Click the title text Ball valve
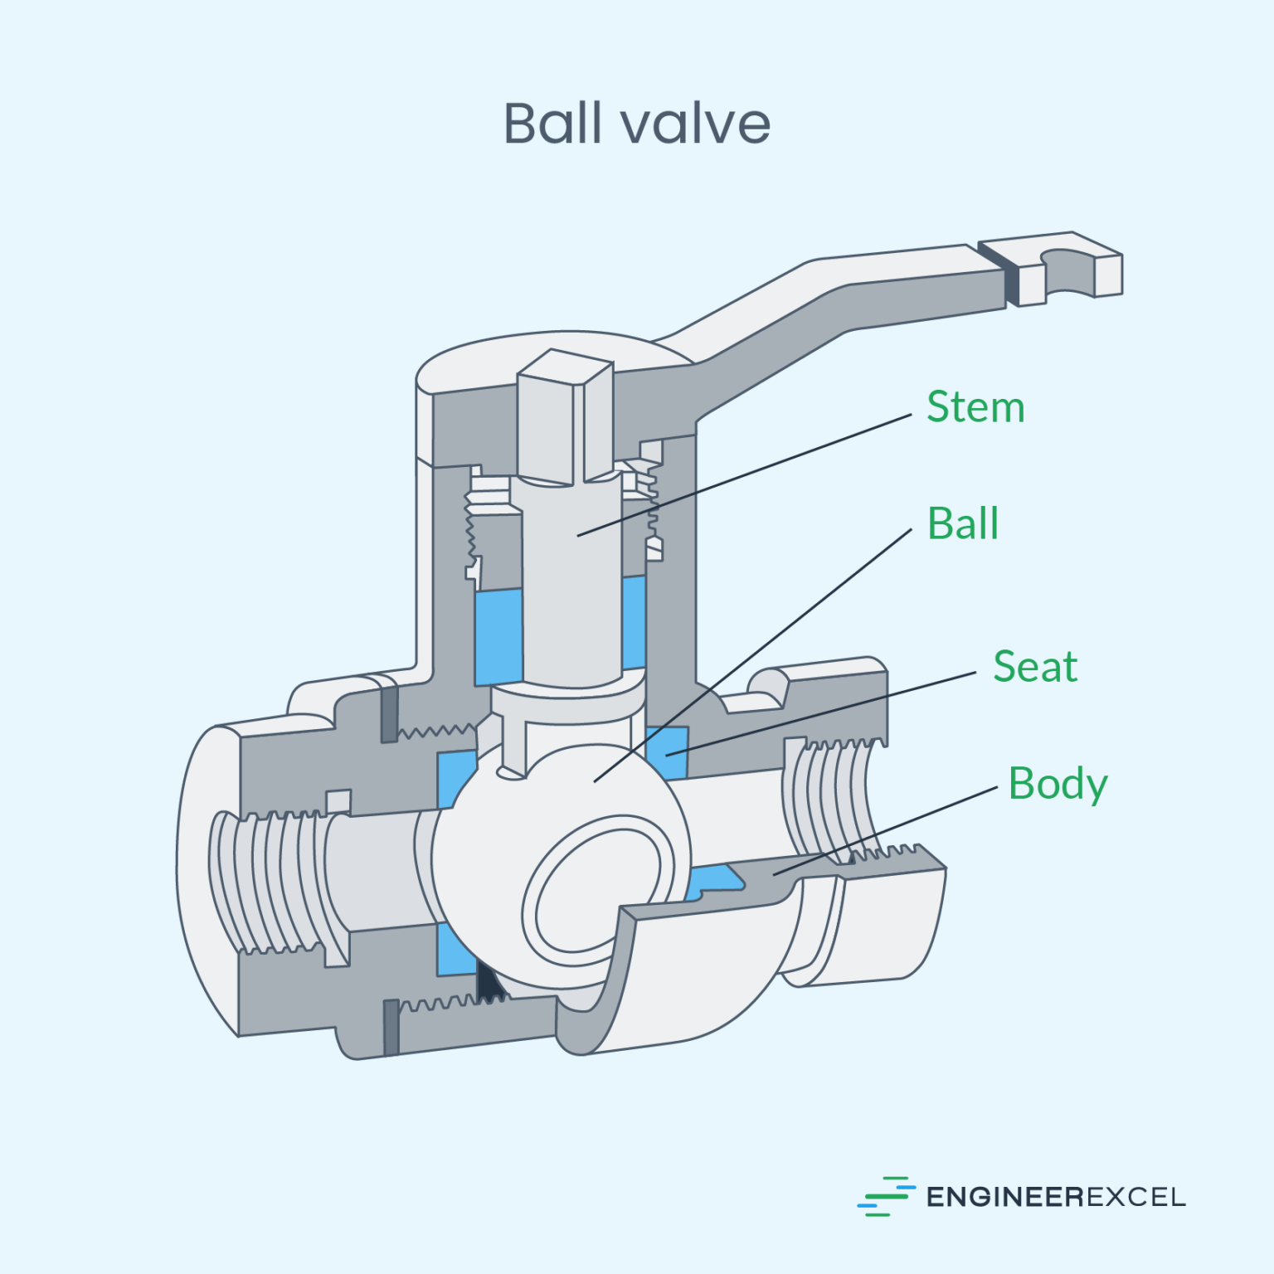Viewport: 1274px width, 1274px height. [x=636, y=124]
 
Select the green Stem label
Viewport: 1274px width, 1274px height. [x=975, y=407]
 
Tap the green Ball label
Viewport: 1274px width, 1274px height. [x=962, y=524]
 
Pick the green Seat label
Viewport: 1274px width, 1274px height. [x=1034, y=667]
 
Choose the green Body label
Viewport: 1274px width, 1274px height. [x=1058, y=784]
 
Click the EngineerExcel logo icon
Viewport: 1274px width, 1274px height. [x=885, y=1196]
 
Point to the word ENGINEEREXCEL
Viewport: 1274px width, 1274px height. [x=1055, y=1197]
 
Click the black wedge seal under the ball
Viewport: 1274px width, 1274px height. [x=489, y=983]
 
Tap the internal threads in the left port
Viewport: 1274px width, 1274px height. [x=265, y=883]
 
